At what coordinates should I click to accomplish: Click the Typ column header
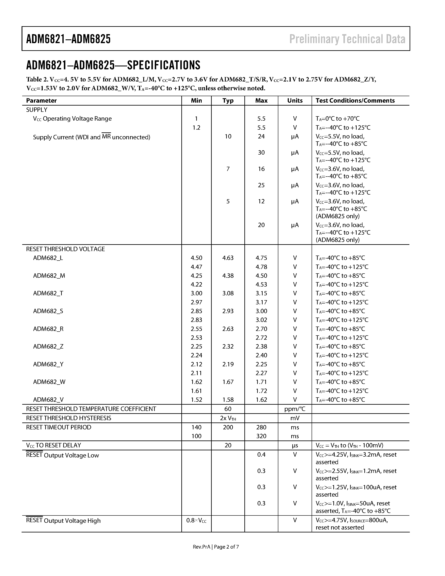coord(228,101)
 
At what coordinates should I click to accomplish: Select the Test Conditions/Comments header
coord(355,101)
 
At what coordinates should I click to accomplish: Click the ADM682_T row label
coord(48,293)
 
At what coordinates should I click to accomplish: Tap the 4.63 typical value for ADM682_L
coord(228,258)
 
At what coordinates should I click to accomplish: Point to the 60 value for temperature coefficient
coord(228,409)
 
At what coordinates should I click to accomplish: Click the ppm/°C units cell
coord(294,409)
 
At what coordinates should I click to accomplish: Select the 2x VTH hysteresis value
coord(228,418)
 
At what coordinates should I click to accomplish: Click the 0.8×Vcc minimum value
coord(196,520)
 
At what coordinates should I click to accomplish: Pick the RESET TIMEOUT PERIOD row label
coord(58,427)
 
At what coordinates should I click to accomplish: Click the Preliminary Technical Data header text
coord(347,39)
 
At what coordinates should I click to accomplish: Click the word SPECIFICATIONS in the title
coord(164,65)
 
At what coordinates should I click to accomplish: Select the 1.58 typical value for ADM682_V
coord(228,400)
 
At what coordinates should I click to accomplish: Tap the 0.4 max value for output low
coord(261,455)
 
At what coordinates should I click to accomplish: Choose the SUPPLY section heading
coord(37,110)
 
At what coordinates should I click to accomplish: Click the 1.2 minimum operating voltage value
coord(196,128)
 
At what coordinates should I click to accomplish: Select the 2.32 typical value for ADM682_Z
coord(228,346)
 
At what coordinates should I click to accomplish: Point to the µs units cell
coord(294,445)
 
